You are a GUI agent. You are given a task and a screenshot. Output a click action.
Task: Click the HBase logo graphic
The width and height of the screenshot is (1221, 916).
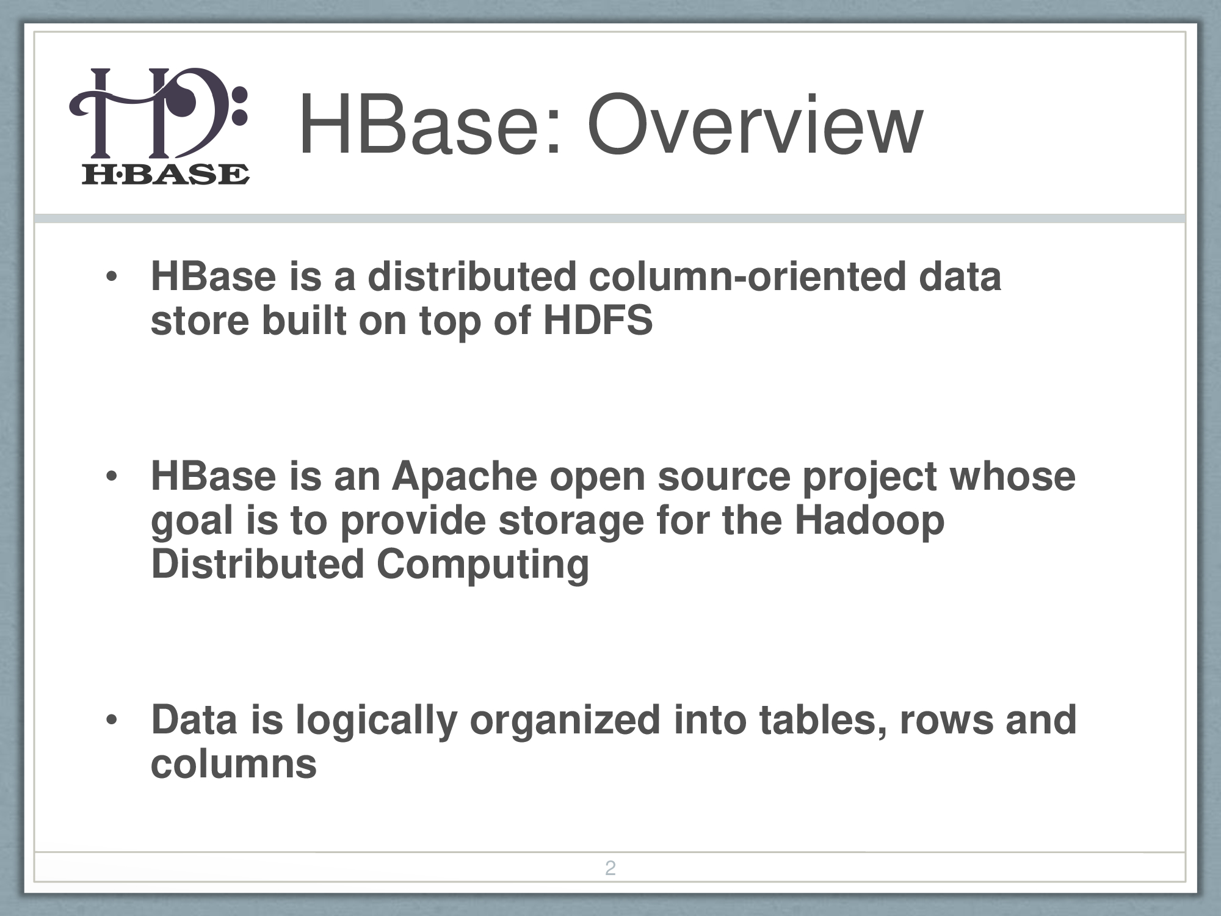(159, 126)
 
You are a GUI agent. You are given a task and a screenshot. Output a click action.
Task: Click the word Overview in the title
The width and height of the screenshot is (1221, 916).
(755, 126)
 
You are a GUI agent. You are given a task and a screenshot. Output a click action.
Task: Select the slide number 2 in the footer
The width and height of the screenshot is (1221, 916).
(610, 868)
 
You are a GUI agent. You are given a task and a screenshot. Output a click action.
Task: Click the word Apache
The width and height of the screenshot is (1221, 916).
(465, 476)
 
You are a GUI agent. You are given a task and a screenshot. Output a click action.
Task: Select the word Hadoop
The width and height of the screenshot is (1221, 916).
(869, 521)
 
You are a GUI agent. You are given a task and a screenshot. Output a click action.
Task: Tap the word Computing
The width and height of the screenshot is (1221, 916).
(483, 565)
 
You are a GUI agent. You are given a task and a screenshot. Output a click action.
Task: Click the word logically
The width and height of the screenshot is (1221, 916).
(377, 721)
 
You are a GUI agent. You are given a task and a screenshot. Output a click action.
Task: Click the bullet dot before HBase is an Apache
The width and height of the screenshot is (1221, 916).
(111, 477)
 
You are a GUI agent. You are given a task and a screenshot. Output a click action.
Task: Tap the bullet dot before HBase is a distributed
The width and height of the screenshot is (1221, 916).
(111, 277)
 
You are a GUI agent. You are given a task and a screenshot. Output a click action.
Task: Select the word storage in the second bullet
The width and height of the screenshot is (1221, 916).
(571, 521)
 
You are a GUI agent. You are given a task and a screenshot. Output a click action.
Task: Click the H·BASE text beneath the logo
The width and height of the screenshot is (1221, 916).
(165, 175)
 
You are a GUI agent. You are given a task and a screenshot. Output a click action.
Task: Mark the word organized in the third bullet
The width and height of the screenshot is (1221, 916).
(565, 721)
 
